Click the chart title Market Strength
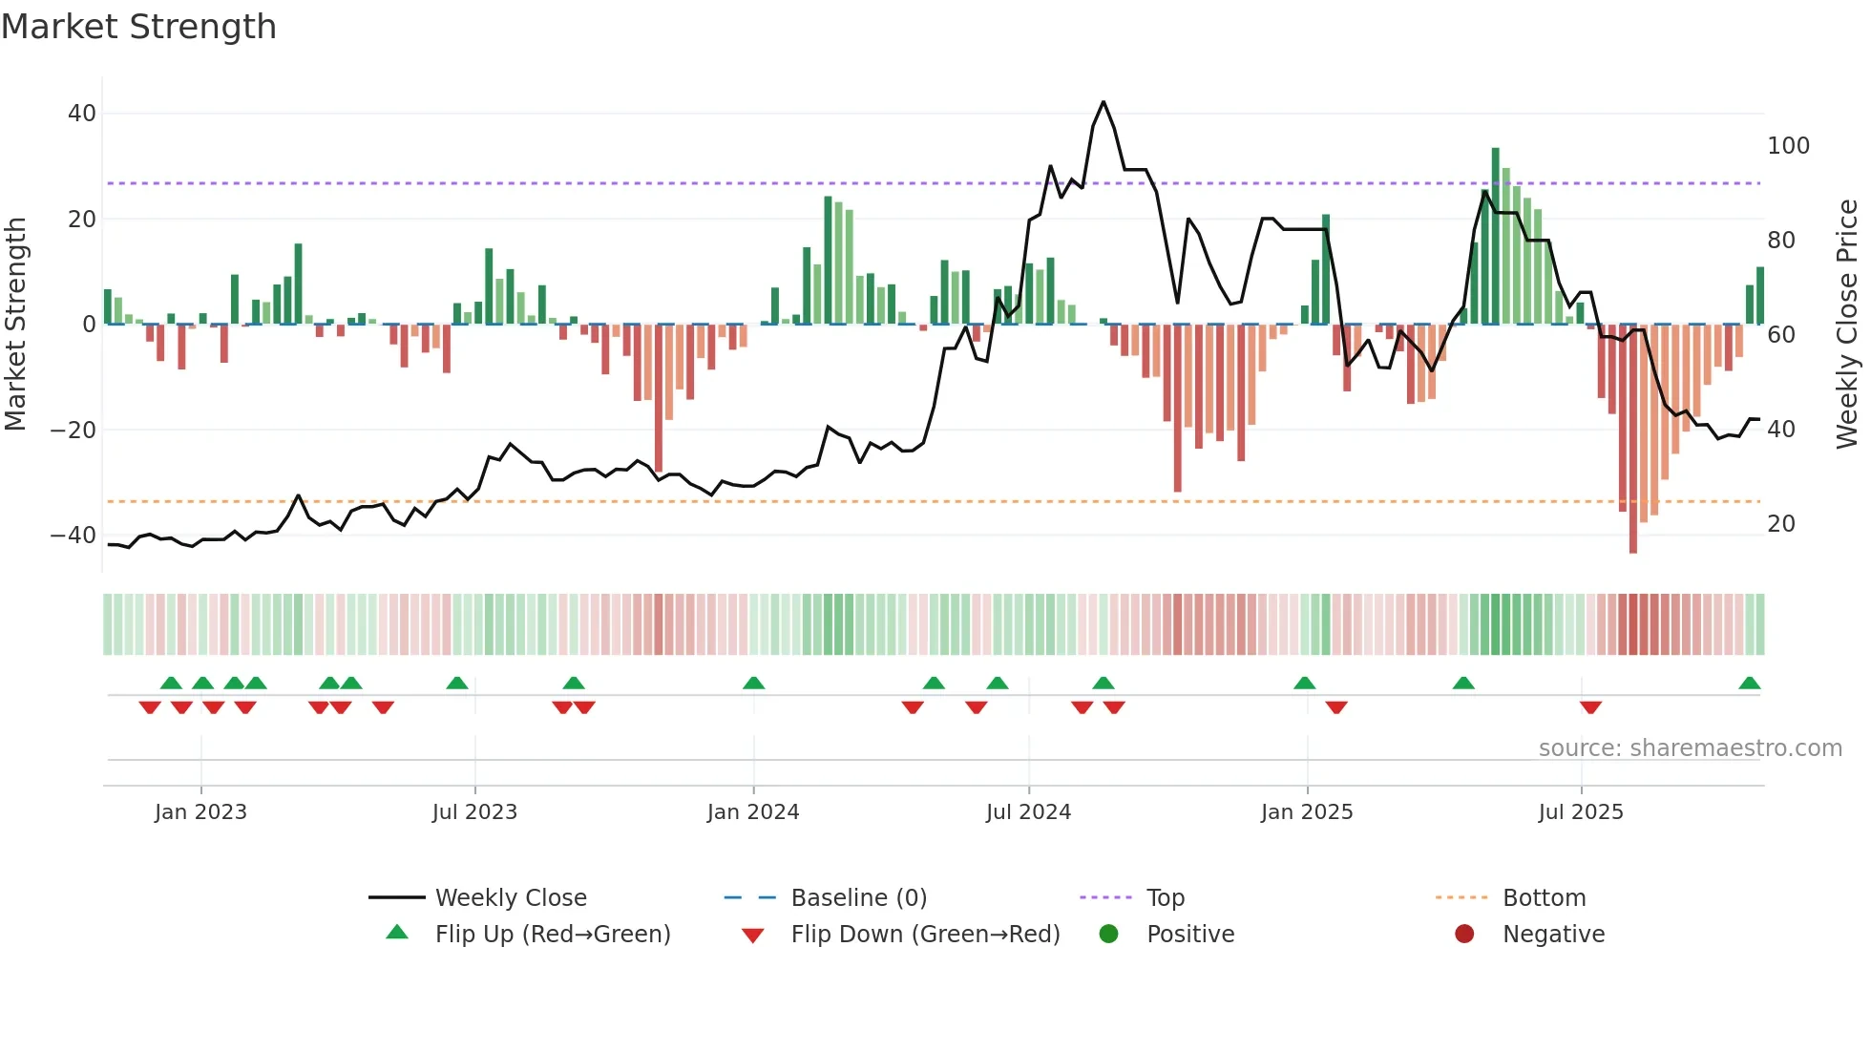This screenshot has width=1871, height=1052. tap(138, 27)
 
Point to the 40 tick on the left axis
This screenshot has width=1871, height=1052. tap(81, 114)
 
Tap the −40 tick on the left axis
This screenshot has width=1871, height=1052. tap(74, 536)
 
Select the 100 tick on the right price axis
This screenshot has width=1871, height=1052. tap(1788, 146)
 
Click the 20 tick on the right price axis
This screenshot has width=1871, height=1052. tap(1780, 524)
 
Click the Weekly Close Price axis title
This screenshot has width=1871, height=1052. tap(1847, 325)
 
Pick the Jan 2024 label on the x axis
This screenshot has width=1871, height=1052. tap(753, 812)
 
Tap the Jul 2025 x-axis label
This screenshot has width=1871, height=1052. tap(1581, 812)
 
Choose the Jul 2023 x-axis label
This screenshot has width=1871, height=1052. tap(474, 812)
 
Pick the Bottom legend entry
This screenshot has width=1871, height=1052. tap(1544, 898)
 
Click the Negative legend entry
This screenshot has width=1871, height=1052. tap(1553, 935)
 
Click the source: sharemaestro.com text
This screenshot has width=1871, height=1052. tap(1690, 748)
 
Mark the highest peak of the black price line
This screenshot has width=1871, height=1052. tap(1104, 102)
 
